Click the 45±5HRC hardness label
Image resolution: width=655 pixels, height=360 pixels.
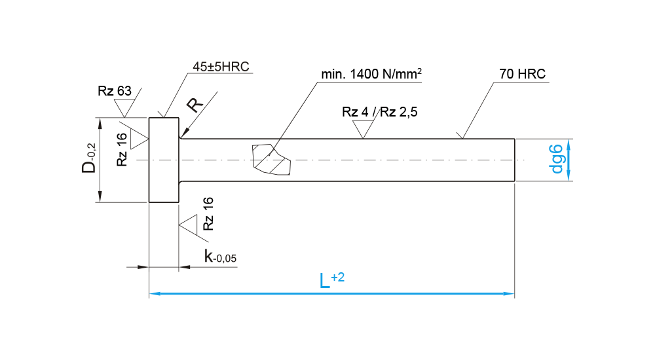point(221,67)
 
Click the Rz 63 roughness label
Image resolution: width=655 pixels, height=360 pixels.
point(115,91)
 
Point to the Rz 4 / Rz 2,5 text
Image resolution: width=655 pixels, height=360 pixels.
point(380,112)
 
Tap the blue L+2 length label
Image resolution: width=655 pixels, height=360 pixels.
point(331,281)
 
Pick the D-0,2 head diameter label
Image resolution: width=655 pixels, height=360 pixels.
point(89,160)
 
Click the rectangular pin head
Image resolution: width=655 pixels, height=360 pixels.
point(164,160)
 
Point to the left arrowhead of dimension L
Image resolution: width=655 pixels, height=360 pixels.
point(155,294)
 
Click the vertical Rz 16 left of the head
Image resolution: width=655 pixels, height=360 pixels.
point(122,149)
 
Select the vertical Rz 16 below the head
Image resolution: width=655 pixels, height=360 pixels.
point(208,213)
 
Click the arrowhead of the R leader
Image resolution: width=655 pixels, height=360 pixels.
point(182,135)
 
